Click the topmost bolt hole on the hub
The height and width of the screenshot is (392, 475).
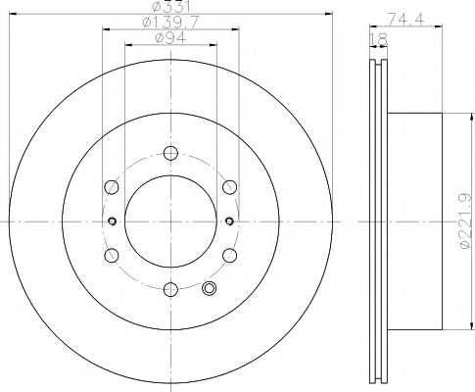(170, 152)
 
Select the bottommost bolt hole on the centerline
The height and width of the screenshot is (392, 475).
(170, 287)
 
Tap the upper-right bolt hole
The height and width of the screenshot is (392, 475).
(229, 185)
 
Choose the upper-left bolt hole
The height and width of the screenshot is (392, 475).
(112, 185)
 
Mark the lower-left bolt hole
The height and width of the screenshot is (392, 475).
(112, 254)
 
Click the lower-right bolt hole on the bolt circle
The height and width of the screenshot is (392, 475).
(229, 254)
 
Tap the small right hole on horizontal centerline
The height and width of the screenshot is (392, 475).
(229, 220)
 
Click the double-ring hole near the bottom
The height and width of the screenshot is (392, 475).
(208, 288)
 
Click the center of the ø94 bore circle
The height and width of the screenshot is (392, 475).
(170, 220)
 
